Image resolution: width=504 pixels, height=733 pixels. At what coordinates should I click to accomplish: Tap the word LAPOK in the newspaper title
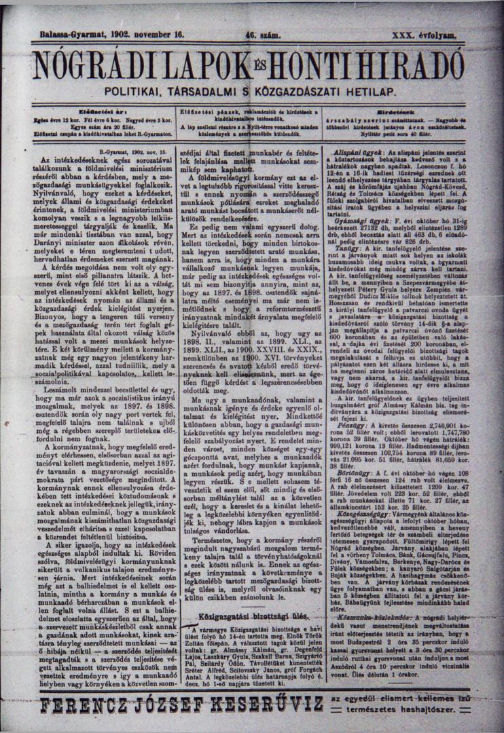(211, 65)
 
